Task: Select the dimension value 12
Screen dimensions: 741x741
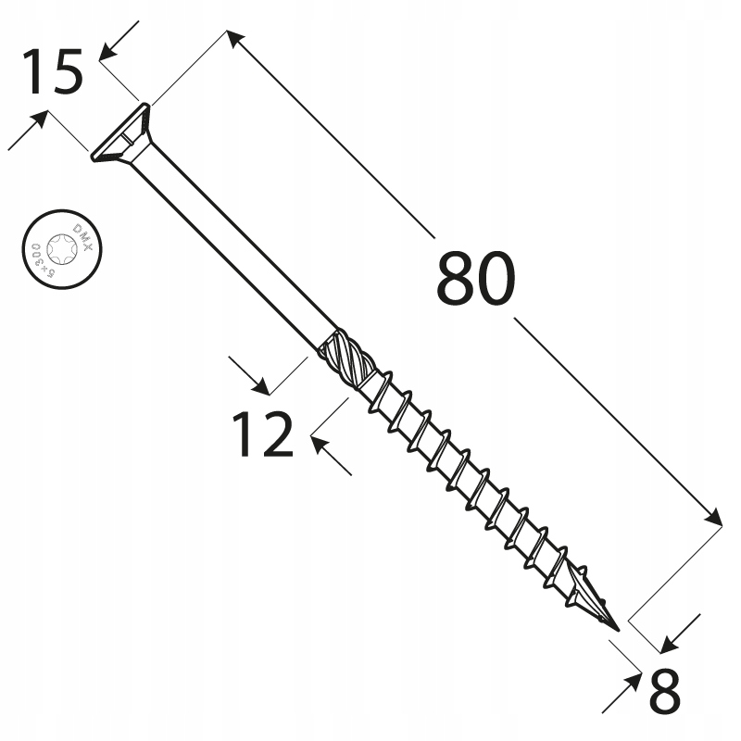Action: pyautogui.click(x=262, y=434)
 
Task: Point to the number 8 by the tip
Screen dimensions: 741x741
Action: pyautogui.click(x=665, y=689)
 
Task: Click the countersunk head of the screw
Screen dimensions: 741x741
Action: pyautogui.click(x=121, y=135)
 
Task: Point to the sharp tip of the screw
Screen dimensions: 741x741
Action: pyautogui.click(x=615, y=630)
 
